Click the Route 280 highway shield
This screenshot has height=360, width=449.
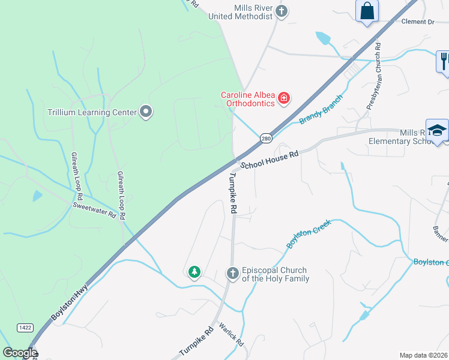pyautogui.click(x=266, y=139)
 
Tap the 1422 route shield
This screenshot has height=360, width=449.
pyautogui.click(x=25, y=327)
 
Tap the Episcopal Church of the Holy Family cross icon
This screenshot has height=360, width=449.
pyautogui.click(x=233, y=274)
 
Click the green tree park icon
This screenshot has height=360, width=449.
pyautogui.click(x=194, y=273)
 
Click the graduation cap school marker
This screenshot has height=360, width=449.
pyautogui.click(x=438, y=130)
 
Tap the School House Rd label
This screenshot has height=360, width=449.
pyautogui.click(x=270, y=160)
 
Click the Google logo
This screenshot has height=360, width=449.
pyautogui.click(x=20, y=353)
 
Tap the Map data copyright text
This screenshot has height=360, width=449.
pyautogui.click(x=424, y=355)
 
